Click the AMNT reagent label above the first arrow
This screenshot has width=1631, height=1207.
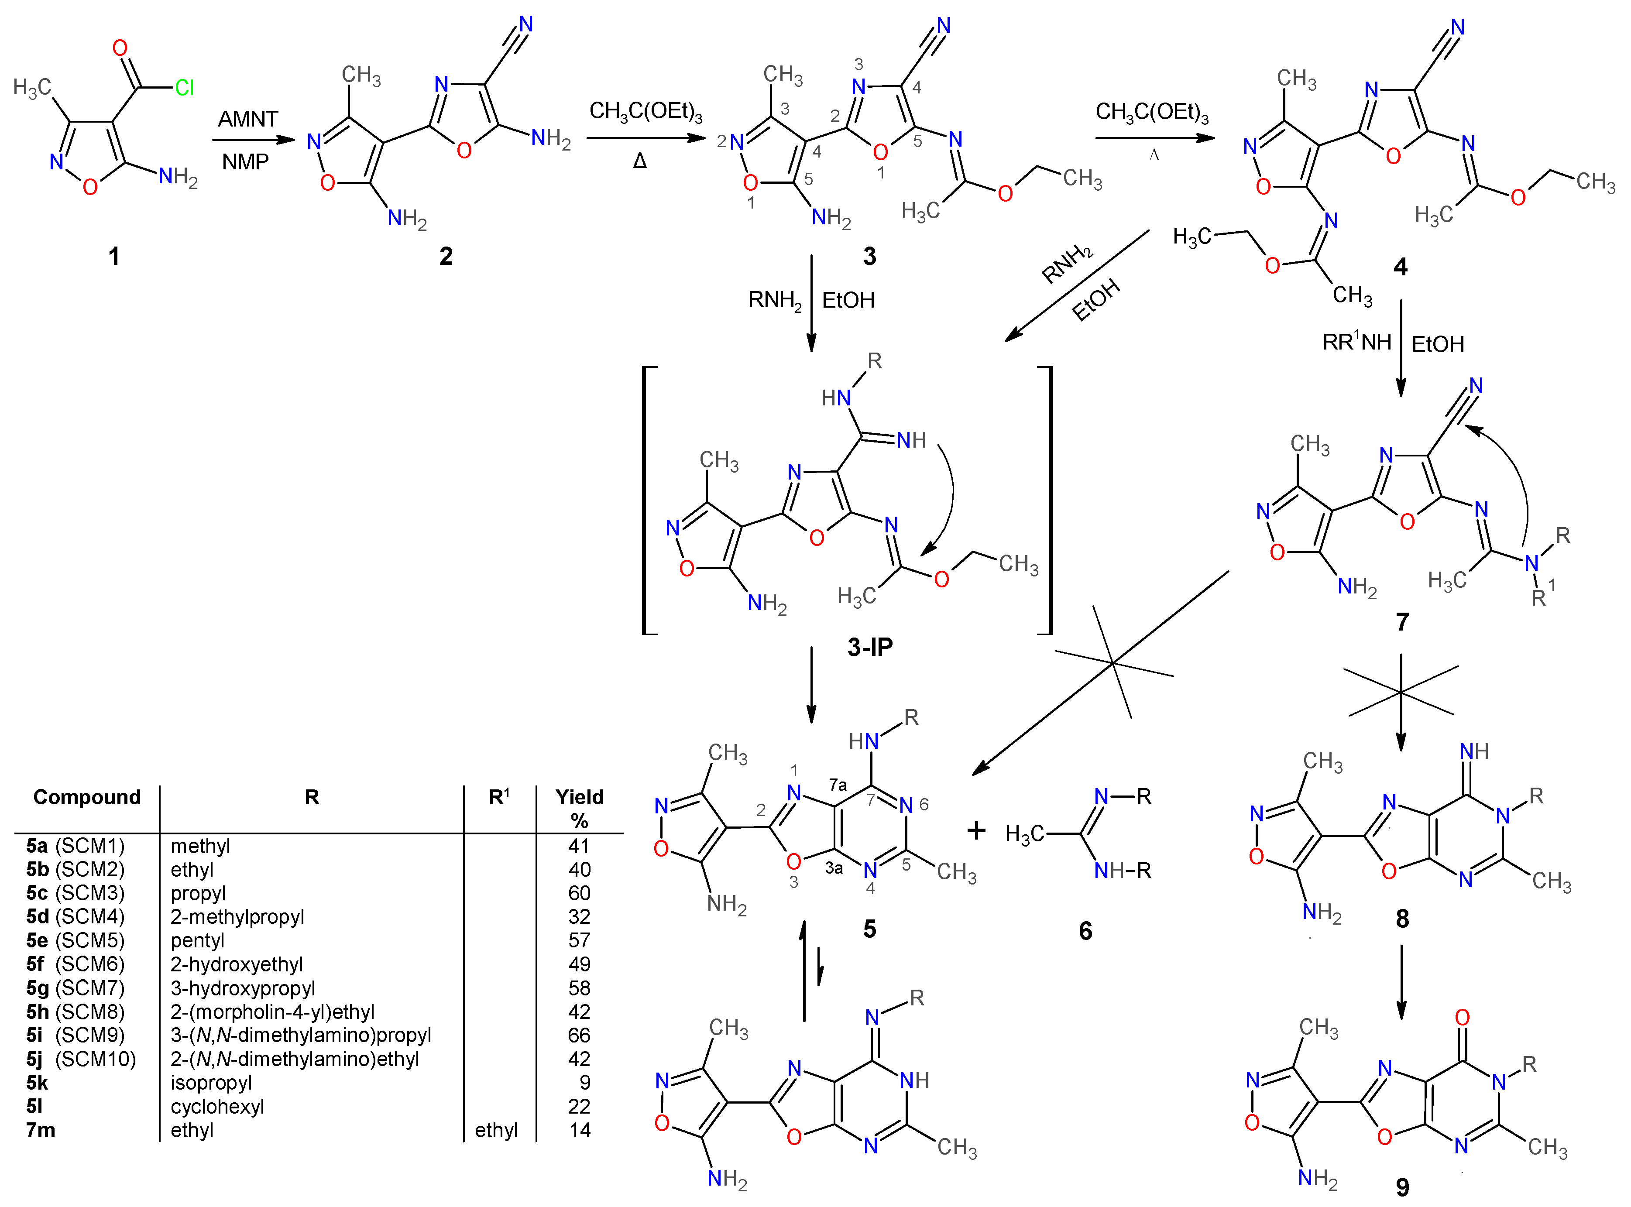(x=248, y=119)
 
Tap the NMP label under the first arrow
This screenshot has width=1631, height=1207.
(x=246, y=161)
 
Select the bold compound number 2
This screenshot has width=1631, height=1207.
(x=446, y=256)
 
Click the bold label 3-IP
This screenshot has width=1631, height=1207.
(x=869, y=647)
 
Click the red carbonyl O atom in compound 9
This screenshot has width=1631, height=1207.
(x=1462, y=1017)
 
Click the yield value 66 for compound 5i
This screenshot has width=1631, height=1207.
(x=579, y=1036)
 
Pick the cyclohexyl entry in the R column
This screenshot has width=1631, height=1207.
(x=217, y=1106)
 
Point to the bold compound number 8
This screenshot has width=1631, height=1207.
(x=1401, y=919)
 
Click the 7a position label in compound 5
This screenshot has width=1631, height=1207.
(x=838, y=785)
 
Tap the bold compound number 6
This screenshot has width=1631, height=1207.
(x=1085, y=931)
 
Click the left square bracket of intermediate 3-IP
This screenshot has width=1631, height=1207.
(x=645, y=501)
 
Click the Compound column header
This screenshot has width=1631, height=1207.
(x=87, y=797)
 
